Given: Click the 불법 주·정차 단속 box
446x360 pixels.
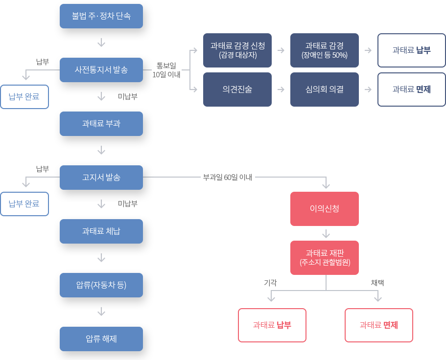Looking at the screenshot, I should [101, 16].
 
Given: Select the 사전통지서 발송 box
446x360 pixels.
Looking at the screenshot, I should [101, 70].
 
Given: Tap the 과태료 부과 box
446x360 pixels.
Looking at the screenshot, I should [101, 124].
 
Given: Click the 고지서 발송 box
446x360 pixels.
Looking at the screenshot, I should [101, 177].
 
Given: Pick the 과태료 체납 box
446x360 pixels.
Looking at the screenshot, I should [101, 231].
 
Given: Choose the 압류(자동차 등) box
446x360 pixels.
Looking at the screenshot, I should [101, 285].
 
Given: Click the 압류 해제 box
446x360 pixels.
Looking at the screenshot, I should [101, 338].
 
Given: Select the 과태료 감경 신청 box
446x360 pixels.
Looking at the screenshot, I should [237, 50].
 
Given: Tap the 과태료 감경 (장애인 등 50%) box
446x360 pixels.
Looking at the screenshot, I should [325, 50].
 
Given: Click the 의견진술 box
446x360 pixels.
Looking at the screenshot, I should [237, 89].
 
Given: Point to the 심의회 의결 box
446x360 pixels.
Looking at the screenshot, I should [325, 89].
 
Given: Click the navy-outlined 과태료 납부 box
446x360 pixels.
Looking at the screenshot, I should [411, 50].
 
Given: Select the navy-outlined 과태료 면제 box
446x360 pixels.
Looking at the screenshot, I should [411, 89].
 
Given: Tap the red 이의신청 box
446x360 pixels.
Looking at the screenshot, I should [325, 209].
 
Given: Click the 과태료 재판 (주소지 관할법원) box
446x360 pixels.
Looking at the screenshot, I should [325, 257].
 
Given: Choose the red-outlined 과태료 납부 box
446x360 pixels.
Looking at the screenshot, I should [272, 325].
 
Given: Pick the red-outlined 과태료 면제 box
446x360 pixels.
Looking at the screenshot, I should [379, 325].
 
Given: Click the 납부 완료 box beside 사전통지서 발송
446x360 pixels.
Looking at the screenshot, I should [24, 96].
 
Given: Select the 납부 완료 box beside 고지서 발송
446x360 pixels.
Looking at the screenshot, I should [24, 203].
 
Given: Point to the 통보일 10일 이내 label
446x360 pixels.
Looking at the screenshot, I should [166, 70].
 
